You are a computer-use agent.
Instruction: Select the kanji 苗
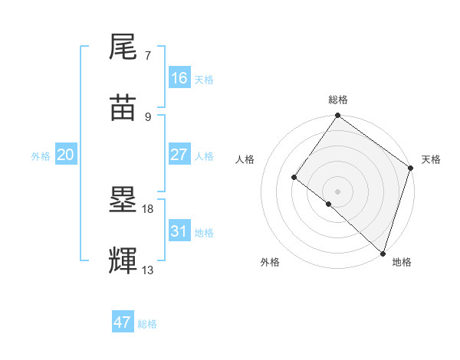click(x=123, y=108)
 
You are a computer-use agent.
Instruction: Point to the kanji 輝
click(x=123, y=261)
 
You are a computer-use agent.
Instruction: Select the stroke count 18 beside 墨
click(x=148, y=209)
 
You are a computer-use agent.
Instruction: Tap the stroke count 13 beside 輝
click(x=148, y=270)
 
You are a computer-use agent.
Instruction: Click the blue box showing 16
click(x=179, y=78)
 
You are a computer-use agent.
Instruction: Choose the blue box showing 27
click(x=179, y=155)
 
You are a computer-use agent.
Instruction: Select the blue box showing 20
click(x=66, y=155)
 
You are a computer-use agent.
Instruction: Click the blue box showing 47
click(x=123, y=322)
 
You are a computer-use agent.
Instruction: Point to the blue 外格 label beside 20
click(x=41, y=155)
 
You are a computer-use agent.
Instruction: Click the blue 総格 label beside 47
click(x=147, y=324)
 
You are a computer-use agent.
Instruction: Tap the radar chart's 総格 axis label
click(x=337, y=100)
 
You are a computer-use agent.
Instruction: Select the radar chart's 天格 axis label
click(x=431, y=159)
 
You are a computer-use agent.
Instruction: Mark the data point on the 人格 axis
click(x=294, y=177)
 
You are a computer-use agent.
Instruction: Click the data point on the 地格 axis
click(x=383, y=253)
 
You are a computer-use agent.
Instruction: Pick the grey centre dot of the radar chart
click(x=337, y=191)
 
